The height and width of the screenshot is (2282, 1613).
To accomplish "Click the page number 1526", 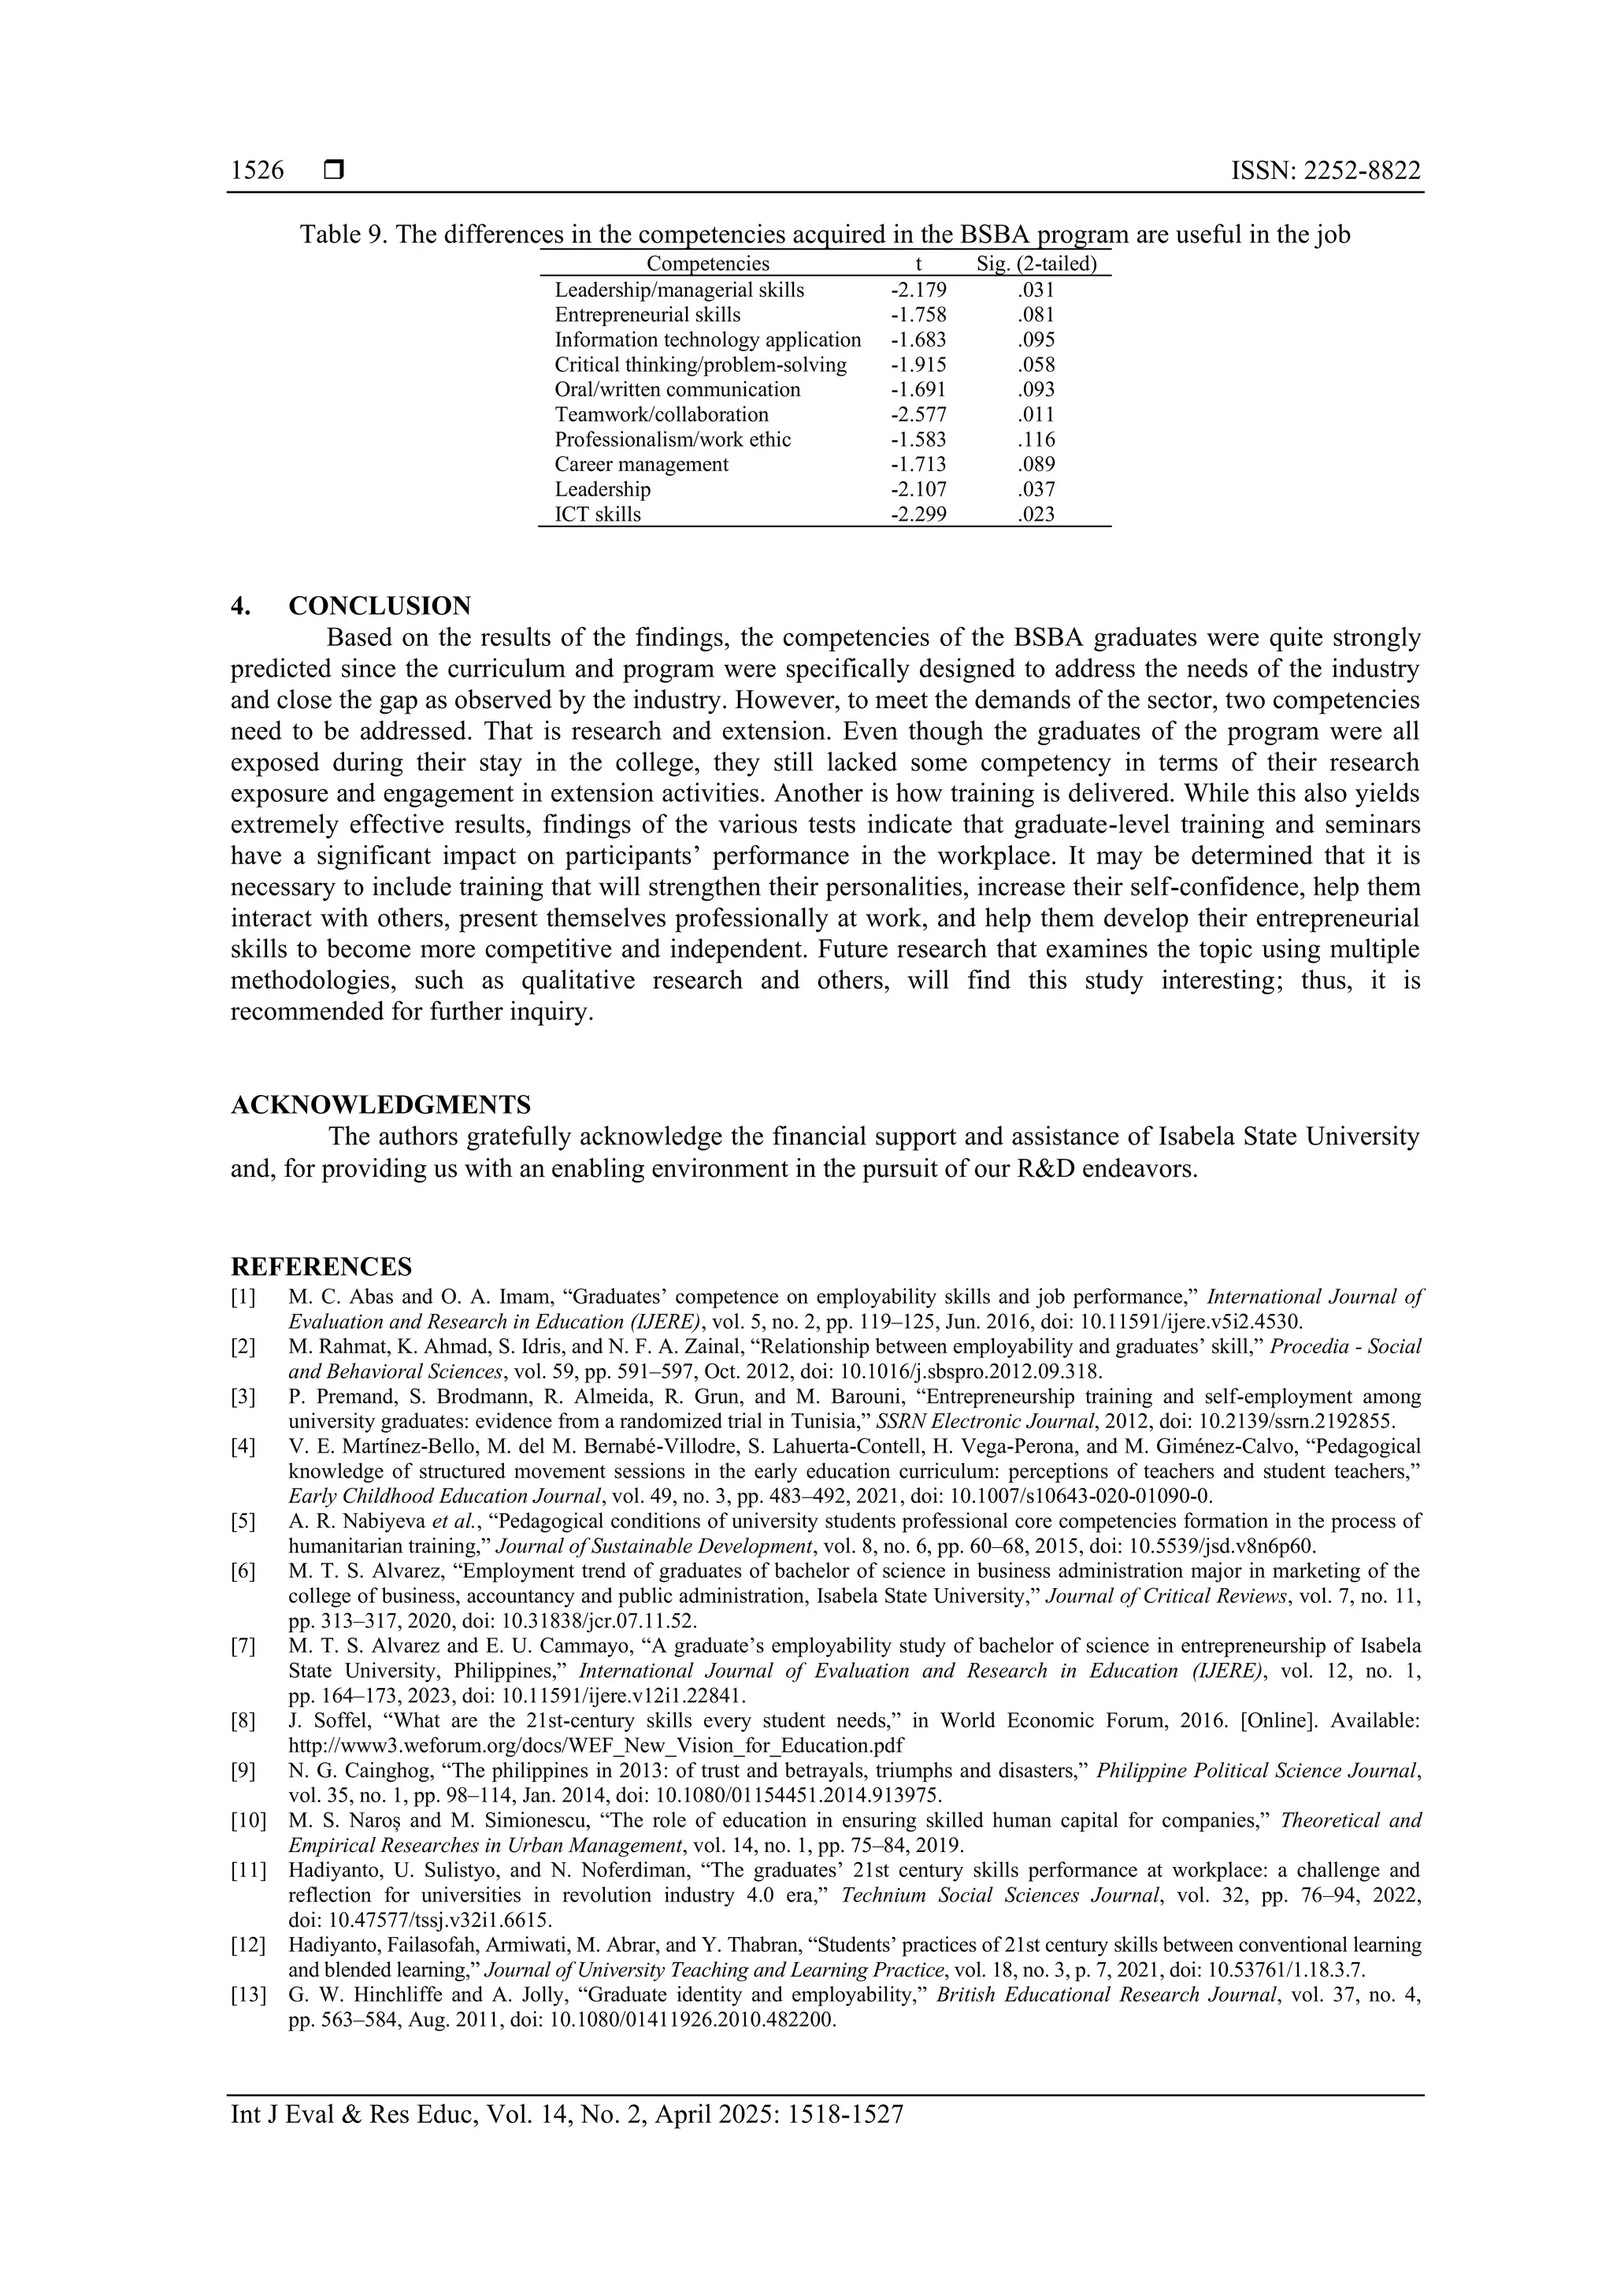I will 258,171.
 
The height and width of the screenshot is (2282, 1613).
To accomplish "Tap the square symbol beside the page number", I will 334,171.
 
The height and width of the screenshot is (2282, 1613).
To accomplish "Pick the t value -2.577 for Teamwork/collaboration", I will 918,414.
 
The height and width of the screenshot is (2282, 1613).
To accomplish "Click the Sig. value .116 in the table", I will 1036,440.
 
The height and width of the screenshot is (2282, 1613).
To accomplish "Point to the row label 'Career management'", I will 641,464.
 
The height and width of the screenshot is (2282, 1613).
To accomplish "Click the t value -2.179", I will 918,290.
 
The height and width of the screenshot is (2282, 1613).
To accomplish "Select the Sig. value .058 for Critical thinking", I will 1036,365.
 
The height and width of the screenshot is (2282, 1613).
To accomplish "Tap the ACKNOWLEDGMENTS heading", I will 380,1104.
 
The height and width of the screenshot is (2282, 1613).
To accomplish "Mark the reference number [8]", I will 243,1720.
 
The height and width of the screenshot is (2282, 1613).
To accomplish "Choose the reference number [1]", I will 243,1297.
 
